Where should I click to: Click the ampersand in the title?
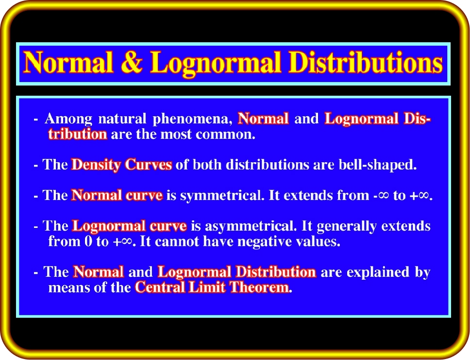[x=132, y=62]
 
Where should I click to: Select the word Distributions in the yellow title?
[x=366, y=62]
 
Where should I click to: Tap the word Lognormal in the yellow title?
[x=215, y=64]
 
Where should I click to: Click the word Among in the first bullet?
[x=68, y=119]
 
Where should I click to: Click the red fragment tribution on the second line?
[x=78, y=134]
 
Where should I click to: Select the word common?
[x=225, y=135]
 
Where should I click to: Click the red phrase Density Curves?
[x=122, y=165]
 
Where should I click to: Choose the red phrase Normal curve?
[x=117, y=195]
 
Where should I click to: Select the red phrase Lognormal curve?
[x=129, y=226]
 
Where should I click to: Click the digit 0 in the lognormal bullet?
[x=88, y=241]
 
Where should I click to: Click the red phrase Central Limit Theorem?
[x=212, y=287]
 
